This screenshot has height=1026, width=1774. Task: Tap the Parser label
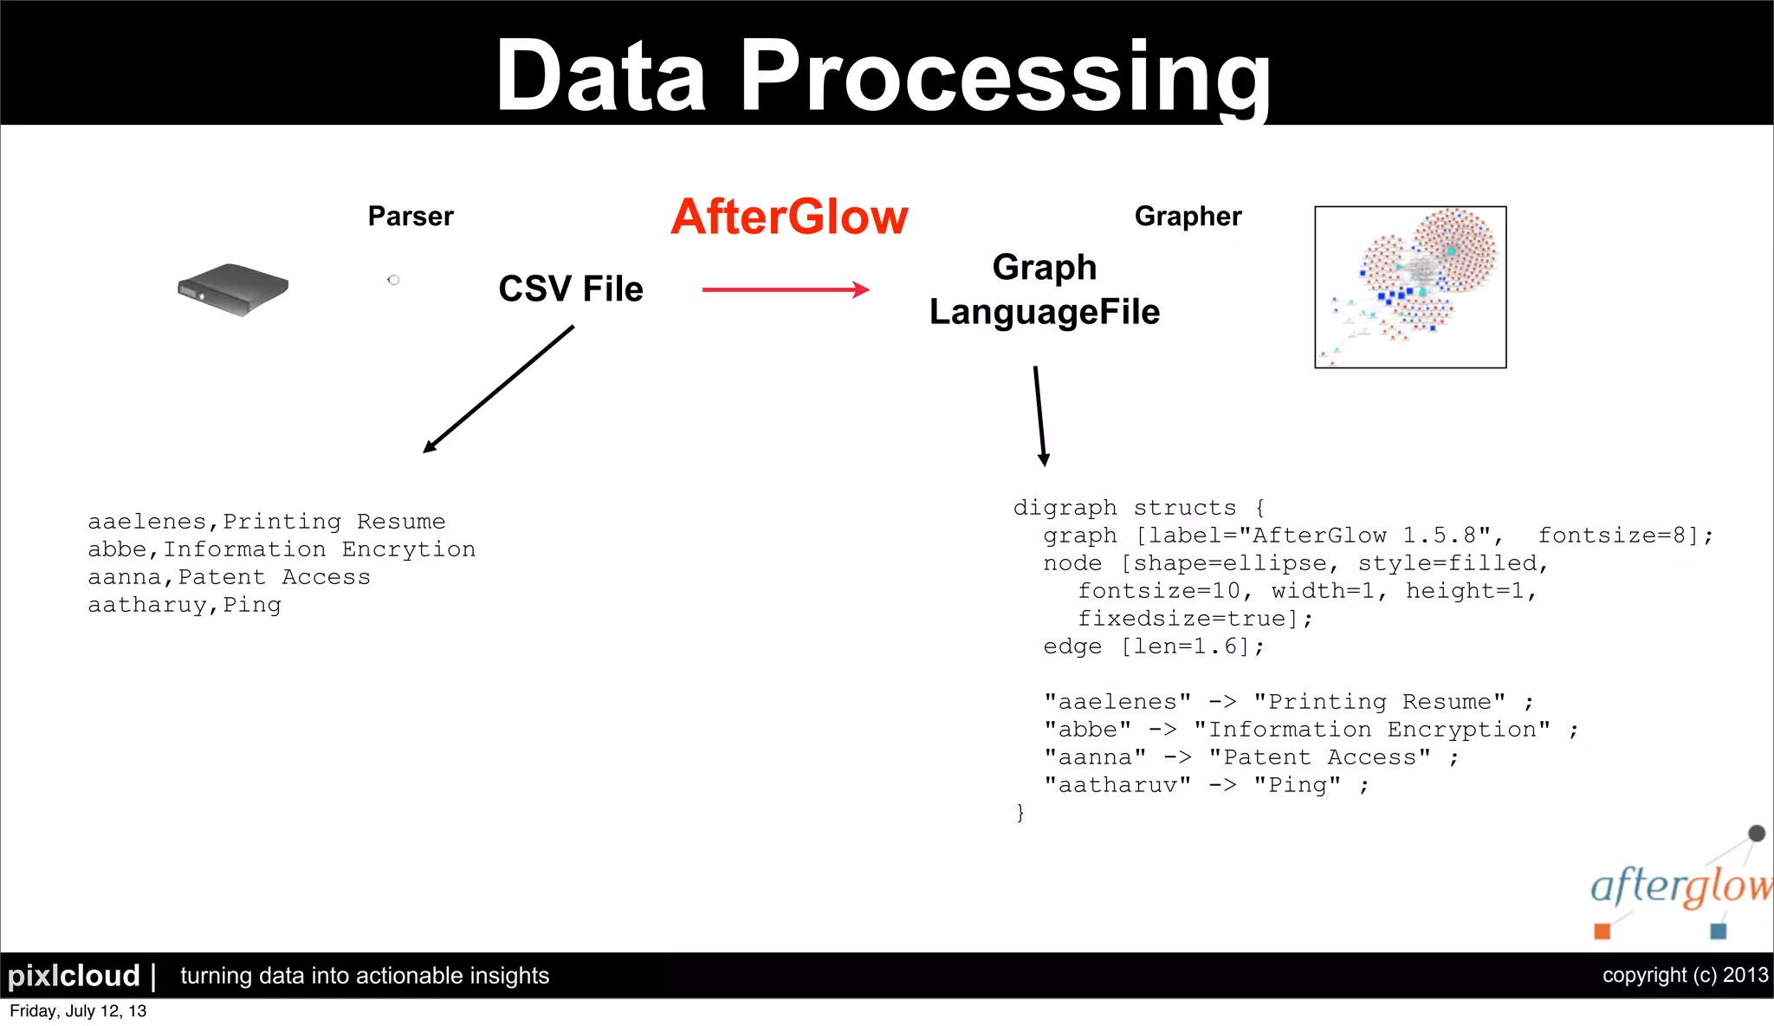click(x=411, y=216)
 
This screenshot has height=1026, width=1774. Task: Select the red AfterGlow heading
click(x=789, y=217)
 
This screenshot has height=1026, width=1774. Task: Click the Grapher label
click(x=1188, y=216)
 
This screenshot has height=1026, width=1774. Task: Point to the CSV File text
click(x=571, y=289)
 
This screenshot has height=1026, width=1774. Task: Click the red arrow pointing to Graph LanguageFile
click(x=785, y=289)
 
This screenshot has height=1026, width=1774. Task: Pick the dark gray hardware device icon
click(x=232, y=289)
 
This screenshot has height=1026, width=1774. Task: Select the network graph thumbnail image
click(x=1410, y=287)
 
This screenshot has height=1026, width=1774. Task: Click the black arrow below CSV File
click(x=498, y=388)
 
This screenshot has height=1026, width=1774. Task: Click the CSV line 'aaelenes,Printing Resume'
click(x=267, y=522)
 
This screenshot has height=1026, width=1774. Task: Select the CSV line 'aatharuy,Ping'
click(x=185, y=605)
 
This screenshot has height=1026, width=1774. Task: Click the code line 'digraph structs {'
click(x=1139, y=508)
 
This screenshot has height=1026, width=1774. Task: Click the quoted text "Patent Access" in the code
click(x=1319, y=757)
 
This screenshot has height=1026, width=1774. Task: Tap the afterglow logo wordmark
click(x=1680, y=886)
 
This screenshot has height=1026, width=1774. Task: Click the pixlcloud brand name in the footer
click(x=74, y=976)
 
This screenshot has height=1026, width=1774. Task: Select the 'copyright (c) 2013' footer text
click(x=1685, y=975)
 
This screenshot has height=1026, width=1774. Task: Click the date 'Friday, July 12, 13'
click(x=78, y=1011)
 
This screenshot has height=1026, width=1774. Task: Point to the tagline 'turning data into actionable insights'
click(x=365, y=976)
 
